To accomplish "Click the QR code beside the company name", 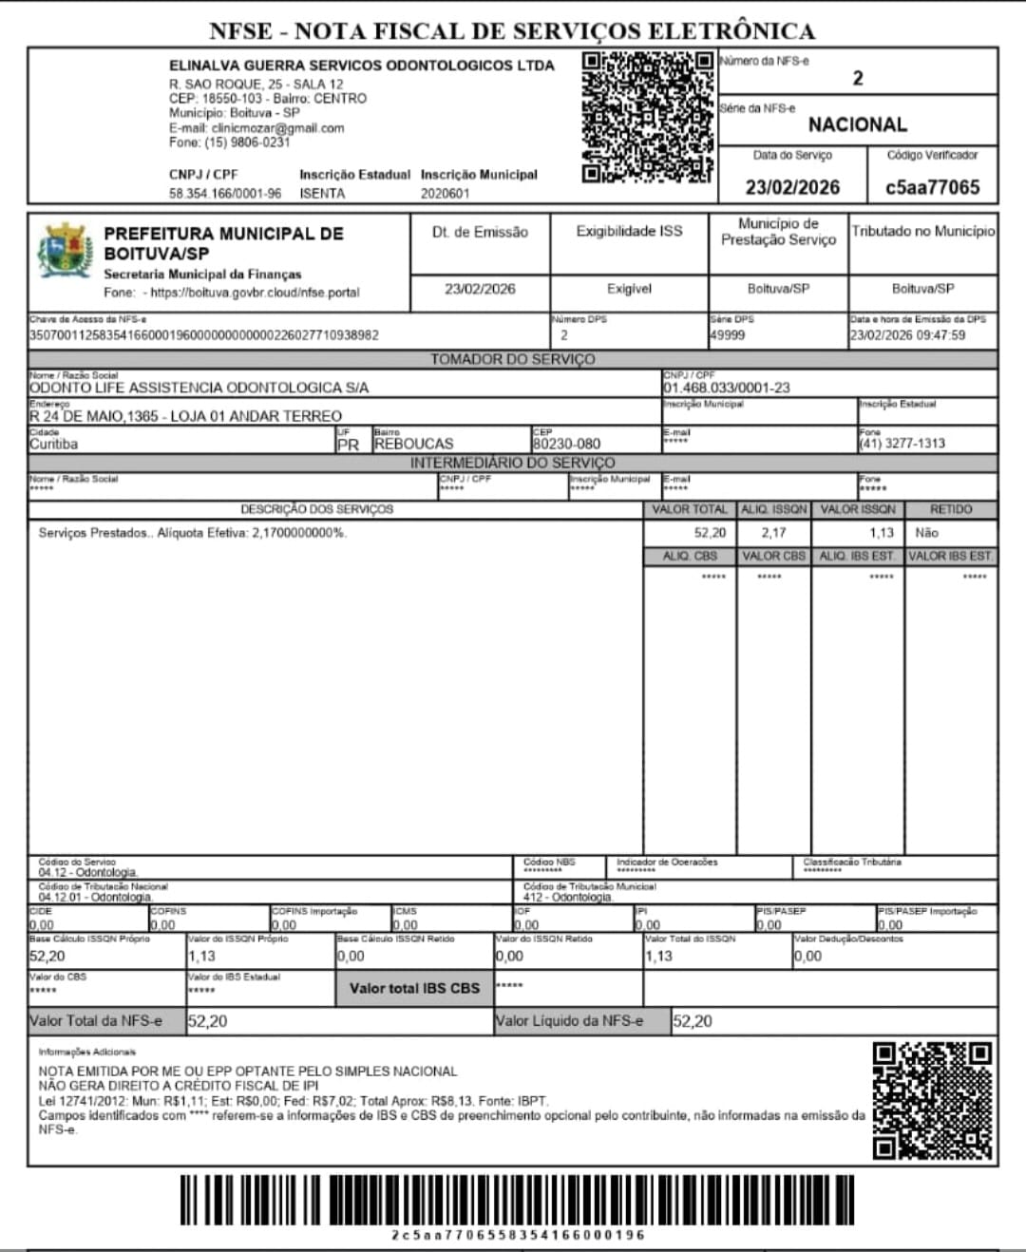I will [647, 116].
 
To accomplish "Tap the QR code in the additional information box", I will [932, 1101].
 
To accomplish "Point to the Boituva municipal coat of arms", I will [65, 252].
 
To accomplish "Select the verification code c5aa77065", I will [932, 187].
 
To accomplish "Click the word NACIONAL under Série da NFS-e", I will [857, 124].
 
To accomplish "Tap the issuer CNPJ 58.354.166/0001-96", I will [225, 193].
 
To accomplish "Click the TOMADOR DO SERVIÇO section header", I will [512, 359].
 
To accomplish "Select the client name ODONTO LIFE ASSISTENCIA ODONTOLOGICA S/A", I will [199, 388].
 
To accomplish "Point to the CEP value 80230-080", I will [566, 444].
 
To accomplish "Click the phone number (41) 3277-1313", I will [902, 444].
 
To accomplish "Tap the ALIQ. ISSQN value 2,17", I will [773, 533].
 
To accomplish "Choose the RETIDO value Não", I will [926, 533].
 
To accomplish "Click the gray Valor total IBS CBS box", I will [414, 988].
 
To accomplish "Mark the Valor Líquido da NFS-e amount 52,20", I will [692, 1021].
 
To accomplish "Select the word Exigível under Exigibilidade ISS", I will [629, 289].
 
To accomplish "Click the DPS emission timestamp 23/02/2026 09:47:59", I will [907, 335].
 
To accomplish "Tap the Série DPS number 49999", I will [727, 335].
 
